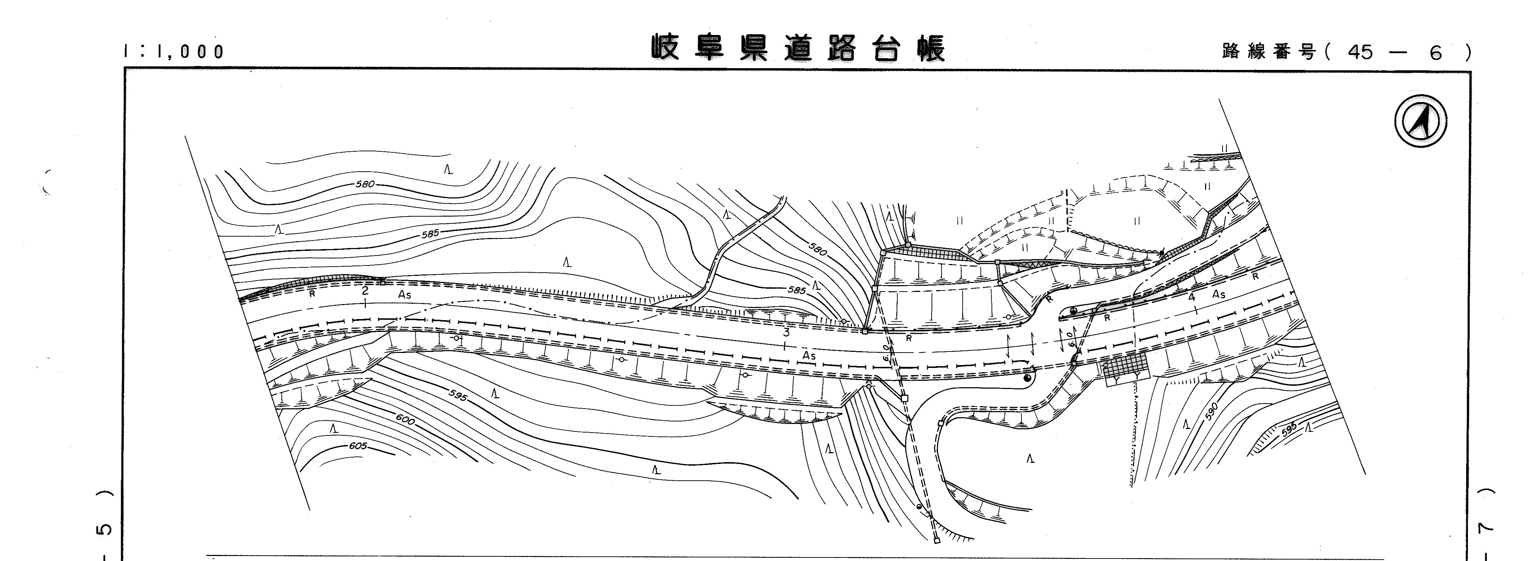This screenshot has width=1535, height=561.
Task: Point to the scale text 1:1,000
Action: click(174, 52)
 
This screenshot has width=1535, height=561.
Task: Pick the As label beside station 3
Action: click(809, 355)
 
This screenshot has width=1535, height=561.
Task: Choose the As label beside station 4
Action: click(1219, 294)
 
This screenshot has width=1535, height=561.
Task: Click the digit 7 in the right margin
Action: click(1489, 526)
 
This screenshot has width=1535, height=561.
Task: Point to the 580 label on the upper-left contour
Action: click(365, 184)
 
